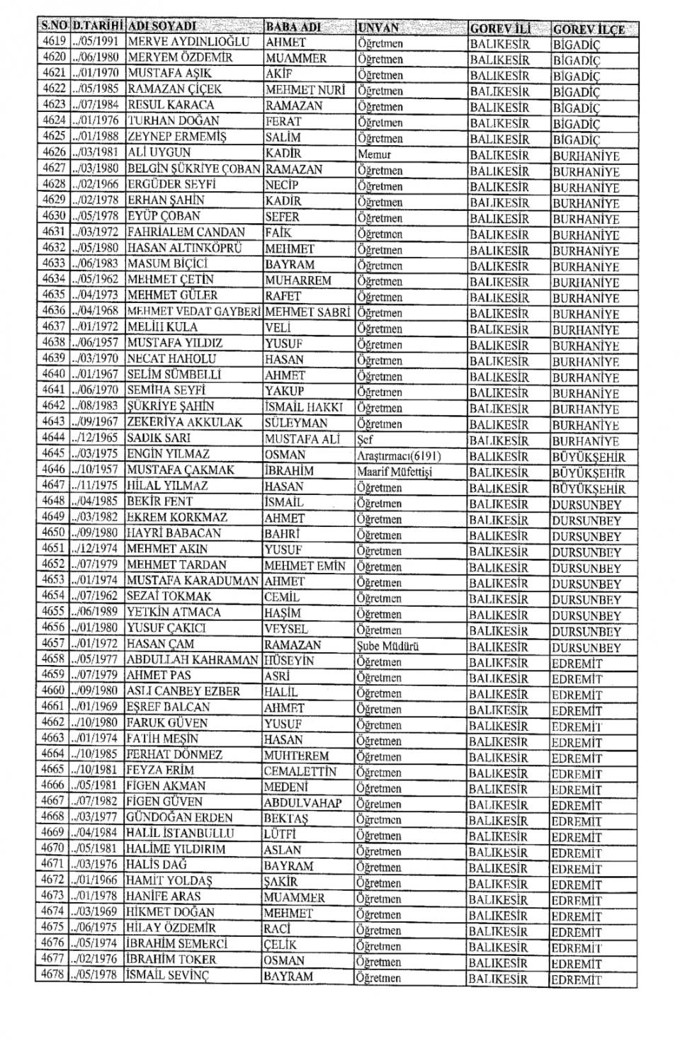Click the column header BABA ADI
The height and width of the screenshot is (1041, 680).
pos(293,28)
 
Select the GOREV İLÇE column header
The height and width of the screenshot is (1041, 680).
pos(589,29)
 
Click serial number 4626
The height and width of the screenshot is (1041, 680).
pos(54,152)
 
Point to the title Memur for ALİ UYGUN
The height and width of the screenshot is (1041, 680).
pos(375,154)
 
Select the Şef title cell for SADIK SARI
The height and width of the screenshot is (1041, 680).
pos(365,440)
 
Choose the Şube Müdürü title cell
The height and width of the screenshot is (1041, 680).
pos(388,646)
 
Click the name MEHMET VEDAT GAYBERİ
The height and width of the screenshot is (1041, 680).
pos(194,312)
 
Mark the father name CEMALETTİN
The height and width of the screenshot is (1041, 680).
pos(300,771)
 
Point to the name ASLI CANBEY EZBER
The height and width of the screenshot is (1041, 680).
pos(183,691)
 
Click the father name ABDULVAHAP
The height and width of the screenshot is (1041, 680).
pos(302,803)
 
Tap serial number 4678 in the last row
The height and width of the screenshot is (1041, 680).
pos(53,975)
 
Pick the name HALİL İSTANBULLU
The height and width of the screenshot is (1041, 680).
pos(180,834)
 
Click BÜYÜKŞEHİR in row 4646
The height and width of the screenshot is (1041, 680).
pos(589,473)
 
